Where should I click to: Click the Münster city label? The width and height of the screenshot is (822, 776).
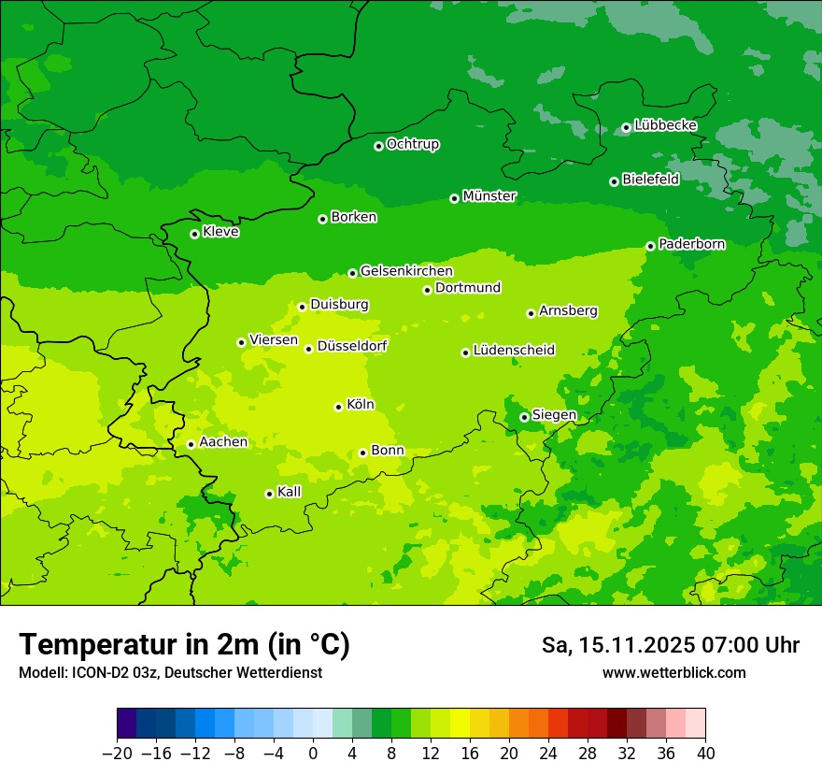pyautogui.click(x=489, y=196)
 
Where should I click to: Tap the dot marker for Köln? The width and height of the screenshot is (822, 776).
pyautogui.click(x=338, y=407)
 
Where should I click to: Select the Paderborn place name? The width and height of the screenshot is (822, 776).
pyautogui.click(x=691, y=244)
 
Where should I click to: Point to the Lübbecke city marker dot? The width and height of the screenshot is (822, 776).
pyautogui.click(x=626, y=127)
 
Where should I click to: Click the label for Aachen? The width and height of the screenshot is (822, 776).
pyautogui.click(x=223, y=442)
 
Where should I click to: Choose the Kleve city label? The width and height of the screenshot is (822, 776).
pyautogui.click(x=220, y=232)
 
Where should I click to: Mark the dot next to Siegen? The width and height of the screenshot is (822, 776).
pyautogui.click(x=524, y=417)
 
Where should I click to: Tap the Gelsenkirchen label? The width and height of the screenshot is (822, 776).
pyautogui.click(x=406, y=271)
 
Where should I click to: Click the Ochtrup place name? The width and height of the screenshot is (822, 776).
pyautogui.click(x=413, y=144)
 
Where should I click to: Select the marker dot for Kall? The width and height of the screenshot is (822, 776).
pyautogui.click(x=269, y=494)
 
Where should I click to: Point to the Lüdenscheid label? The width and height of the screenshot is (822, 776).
pyautogui.click(x=514, y=351)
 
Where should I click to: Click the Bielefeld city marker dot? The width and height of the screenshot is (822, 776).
pyautogui.click(x=614, y=181)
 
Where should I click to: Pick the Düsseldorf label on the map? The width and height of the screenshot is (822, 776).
pyautogui.click(x=352, y=346)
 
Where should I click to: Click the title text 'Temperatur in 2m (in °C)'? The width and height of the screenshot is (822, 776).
pyautogui.click(x=184, y=645)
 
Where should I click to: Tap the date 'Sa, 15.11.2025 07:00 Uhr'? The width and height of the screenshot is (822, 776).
pyautogui.click(x=670, y=645)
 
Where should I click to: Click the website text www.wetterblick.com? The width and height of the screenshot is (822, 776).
pyautogui.click(x=673, y=672)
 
